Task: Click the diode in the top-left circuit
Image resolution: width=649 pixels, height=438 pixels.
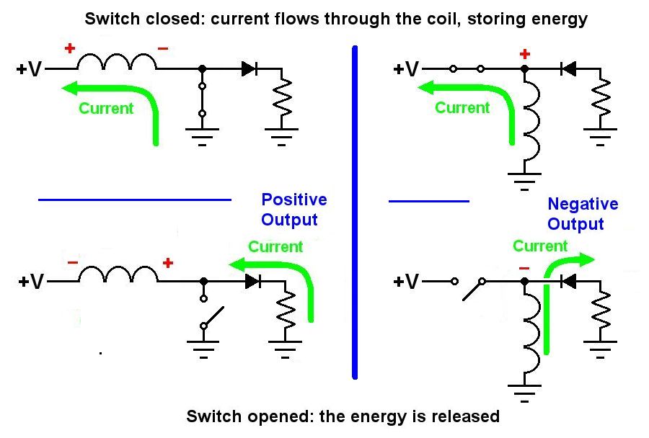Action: click(x=250, y=68)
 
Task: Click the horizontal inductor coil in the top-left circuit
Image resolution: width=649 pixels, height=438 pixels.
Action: click(x=117, y=61)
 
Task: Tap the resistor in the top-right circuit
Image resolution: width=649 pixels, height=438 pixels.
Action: click(x=601, y=98)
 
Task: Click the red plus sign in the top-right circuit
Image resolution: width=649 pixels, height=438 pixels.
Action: click(x=524, y=54)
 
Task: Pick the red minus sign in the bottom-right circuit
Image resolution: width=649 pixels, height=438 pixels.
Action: click(x=524, y=269)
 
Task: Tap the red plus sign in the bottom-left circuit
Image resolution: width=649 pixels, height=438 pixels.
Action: click(x=167, y=263)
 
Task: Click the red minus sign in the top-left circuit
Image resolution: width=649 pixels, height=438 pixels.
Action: click(x=163, y=49)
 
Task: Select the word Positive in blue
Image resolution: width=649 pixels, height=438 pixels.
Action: click(x=294, y=200)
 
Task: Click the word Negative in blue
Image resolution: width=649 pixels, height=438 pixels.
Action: click(x=583, y=204)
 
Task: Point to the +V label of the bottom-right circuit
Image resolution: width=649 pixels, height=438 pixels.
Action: click(x=406, y=282)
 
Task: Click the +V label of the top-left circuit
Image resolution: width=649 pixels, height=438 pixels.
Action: click(x=29, y=68)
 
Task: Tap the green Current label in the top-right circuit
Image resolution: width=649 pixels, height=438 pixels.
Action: click(x=462, y=107)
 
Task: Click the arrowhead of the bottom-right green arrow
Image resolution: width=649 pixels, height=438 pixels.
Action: click(x=586, y=259)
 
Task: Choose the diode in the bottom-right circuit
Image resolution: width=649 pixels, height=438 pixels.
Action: click(x=568, y=282)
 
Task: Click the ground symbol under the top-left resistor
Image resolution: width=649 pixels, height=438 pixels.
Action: click(x=281, y=137)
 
